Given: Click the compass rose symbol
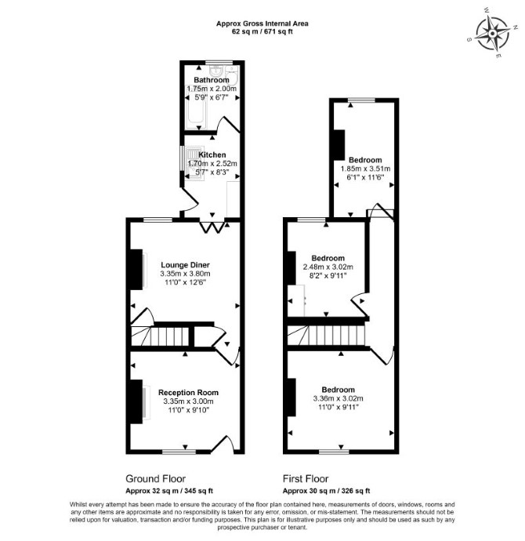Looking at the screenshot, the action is point(492,33).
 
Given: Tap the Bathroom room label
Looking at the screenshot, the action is point(212,80).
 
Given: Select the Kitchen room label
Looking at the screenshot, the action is point(212,155).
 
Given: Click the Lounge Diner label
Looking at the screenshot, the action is point(185,265).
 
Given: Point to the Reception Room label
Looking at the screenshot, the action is point(188,393).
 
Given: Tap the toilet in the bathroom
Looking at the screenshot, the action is point(231,75).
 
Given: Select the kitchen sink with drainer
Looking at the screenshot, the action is point(193,163).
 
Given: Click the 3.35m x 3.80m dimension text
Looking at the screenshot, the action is point(185,274).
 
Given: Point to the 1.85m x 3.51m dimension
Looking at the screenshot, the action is point(365,169).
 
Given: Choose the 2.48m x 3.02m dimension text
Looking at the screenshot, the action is point(328,267).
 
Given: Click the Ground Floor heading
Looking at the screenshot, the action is point(155,479).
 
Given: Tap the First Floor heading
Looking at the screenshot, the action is point(306,479).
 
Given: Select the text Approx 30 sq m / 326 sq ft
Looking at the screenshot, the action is point(327,491).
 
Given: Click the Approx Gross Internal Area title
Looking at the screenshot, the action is point(262,24).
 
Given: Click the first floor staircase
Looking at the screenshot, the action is point(327,336).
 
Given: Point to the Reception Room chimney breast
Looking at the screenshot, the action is point(136,401).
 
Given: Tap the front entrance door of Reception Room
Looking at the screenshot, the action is point(223,444).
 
